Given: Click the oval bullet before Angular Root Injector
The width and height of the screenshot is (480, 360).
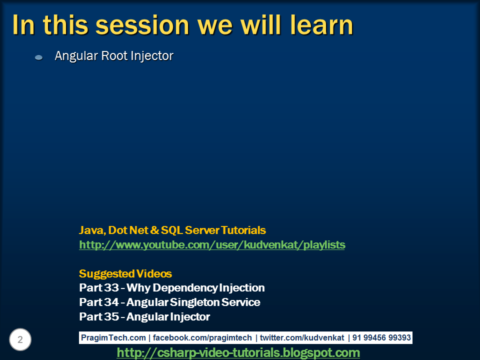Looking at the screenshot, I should [38, 58].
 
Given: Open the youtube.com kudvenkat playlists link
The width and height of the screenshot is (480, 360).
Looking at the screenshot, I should [212, 245].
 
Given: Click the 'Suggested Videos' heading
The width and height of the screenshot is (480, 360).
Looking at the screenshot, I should [125, 274].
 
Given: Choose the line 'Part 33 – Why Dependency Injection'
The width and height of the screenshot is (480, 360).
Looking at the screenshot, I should [172, 288].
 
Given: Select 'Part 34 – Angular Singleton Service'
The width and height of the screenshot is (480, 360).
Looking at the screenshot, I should [169, 302].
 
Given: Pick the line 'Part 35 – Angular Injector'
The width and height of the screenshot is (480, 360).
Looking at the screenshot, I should [144, 317].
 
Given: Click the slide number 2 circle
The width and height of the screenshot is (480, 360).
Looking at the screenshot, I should [20, 340].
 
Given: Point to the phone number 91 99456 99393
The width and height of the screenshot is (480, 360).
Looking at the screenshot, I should [381, 338].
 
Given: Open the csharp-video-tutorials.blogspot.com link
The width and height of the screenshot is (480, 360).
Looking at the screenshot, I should [238, 353].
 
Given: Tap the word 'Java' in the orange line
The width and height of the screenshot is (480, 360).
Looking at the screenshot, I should [90, 230].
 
